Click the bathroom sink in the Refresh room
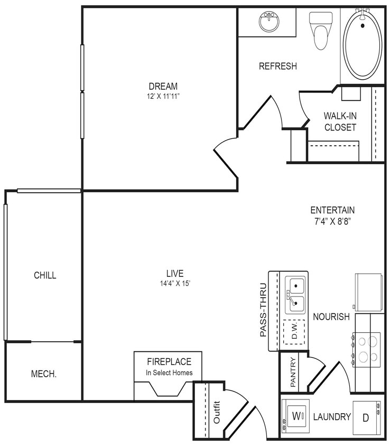(x=269, y=22)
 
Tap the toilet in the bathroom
(x=321, y=30)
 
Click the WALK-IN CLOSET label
(x=340, y=122)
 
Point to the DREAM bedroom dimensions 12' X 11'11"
(x=163, y=97)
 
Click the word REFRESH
(x=277, y=67)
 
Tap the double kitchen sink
(x=295, y=295)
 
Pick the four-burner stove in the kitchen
(x=367, y=348)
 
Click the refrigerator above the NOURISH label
(x=368, y=292)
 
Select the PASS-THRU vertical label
(x=263, y=313)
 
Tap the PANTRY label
(x=293, y=372)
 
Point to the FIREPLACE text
(x=169, y=362)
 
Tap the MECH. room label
(x=44, y=374)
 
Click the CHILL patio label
(x=45, y=275)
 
